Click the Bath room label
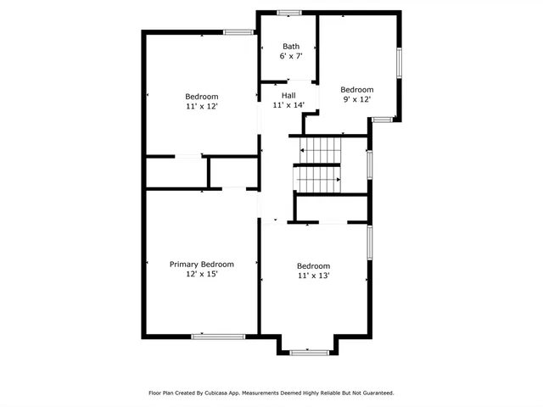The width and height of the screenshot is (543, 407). (x=291, y=47)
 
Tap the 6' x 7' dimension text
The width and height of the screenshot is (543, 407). (x=291, y=57)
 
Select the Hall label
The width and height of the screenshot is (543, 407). (x=288, y=96)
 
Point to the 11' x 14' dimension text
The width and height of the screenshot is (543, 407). (x=288, y=106)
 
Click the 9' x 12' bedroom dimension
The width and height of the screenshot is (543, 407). (x=357, y=99)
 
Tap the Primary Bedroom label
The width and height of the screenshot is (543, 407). (x=202, y=265)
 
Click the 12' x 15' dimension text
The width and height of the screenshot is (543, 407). (x=202, y=275)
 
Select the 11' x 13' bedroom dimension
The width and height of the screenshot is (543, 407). (x=313, y=276)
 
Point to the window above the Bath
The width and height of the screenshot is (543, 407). (x=289, y=12)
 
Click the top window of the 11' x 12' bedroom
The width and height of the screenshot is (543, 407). (x=239, y=32)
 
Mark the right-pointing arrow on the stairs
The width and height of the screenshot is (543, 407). (x=339, y=180)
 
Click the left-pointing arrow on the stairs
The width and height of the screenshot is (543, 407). (x=301, y=150)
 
